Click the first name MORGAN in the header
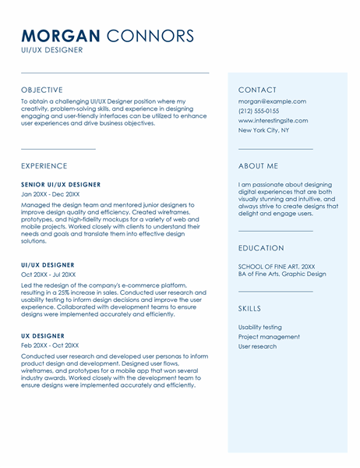(61, 36)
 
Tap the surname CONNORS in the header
(150, 36)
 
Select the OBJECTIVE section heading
(42, 90)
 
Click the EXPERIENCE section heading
(44, 166)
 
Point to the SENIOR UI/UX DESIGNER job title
(61, 185)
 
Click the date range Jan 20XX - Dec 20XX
(50, 194)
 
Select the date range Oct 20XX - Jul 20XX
(48, 275)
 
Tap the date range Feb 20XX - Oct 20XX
(49, 346)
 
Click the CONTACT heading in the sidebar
(257, 90)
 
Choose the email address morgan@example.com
(272, 101)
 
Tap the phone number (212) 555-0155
(259, 111)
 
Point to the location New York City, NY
(263, 130)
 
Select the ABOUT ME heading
(258, 166)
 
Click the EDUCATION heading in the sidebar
(261, 248)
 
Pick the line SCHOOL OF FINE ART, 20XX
(277, 267)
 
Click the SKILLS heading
(250, 309)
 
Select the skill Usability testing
(260, 328)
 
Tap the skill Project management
(269, 337)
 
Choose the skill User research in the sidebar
(257, 346)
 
